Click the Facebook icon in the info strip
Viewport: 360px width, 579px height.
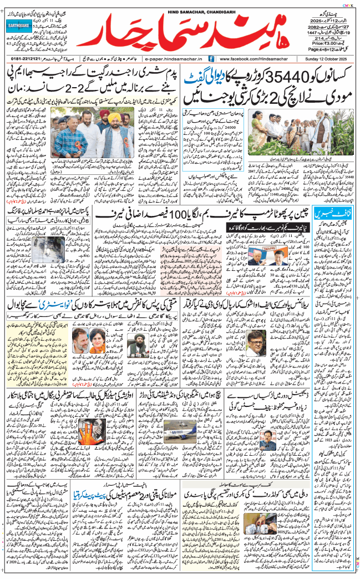[x=212, y=58]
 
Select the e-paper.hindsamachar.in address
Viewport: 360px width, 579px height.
[x=174, y=58]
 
